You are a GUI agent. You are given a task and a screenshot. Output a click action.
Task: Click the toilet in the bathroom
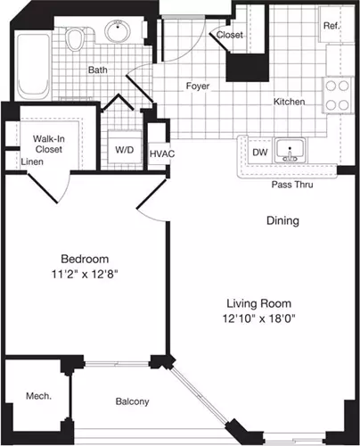tap(75, 38)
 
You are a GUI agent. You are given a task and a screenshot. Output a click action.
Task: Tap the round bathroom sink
tap(118, 30)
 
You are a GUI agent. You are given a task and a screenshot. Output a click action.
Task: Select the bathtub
tap(33, 66)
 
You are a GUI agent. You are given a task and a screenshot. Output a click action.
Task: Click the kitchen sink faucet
tap(290, 155)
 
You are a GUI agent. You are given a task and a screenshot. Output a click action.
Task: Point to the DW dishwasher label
tap(260, 153)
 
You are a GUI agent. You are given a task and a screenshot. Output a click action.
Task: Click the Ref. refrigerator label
tap(331, 26)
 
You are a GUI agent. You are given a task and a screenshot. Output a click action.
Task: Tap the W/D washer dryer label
tap(125, 150)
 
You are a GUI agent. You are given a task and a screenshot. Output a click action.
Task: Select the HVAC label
tap(162, 153)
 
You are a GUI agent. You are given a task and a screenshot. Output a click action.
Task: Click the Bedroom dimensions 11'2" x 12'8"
tap(85, 274)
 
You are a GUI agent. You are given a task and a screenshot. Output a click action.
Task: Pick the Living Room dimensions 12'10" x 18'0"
tap(259, 318)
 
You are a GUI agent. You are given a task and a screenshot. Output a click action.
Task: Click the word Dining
tap(282, 221)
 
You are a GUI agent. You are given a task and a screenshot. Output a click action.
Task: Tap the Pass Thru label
tap(292, 185)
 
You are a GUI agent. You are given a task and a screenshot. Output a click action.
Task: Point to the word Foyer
tap(198, 87)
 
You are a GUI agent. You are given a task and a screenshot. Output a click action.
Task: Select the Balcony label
tap(132, 401)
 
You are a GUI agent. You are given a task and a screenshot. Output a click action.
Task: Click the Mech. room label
tap(38, 396)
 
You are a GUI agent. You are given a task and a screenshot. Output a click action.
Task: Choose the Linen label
tap(32, 161)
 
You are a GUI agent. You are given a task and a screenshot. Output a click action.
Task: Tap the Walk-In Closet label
tap(49, 144)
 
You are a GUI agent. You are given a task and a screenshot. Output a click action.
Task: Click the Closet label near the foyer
tap(229, 35)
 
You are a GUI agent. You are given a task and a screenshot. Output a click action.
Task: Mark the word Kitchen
tap(289, 102)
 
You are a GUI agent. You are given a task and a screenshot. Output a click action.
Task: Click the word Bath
tap(98, 70)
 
